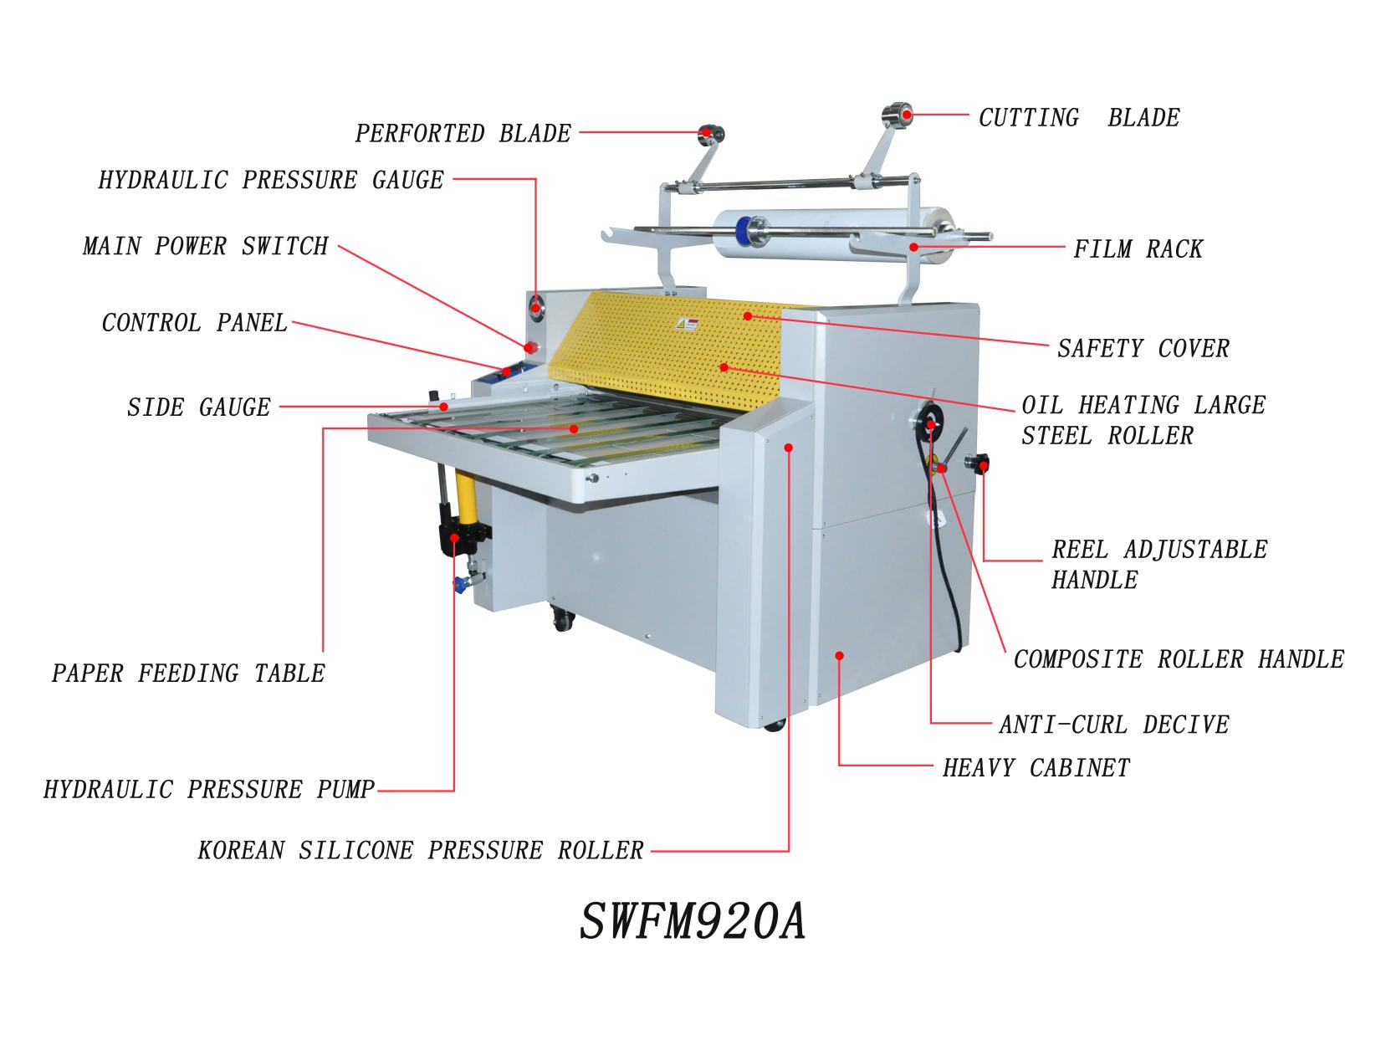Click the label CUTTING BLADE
pyautogui.click(x=1078, y=118)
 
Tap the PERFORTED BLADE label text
pyautogui.click(x=463, y=134)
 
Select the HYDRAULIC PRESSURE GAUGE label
pyautogui.click(x=271, y=181)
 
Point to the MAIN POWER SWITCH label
pyautogui.click(x=206, y=246)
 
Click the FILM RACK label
pyautogui.click(x=1138, y=249)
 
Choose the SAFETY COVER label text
pyautogui.click(x=1143, y=349)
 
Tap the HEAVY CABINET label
pyautogui.click(x=1036, y=768)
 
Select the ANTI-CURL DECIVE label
pyautogui.click(x=1114, y=725)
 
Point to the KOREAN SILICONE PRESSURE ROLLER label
pyautogui.click(x=421, y=851)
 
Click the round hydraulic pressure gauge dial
pyautogui.click(x=537, y=309)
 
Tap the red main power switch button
pyautogui.click(x=530, y=347)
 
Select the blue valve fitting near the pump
pyautogui.click(x=458, y=584)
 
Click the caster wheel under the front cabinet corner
pyautogui.click(x=775, y=725)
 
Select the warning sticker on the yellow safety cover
pyautogui.click(x=688, y=325)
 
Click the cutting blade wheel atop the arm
pyautogui.click(x=898, y=115)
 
